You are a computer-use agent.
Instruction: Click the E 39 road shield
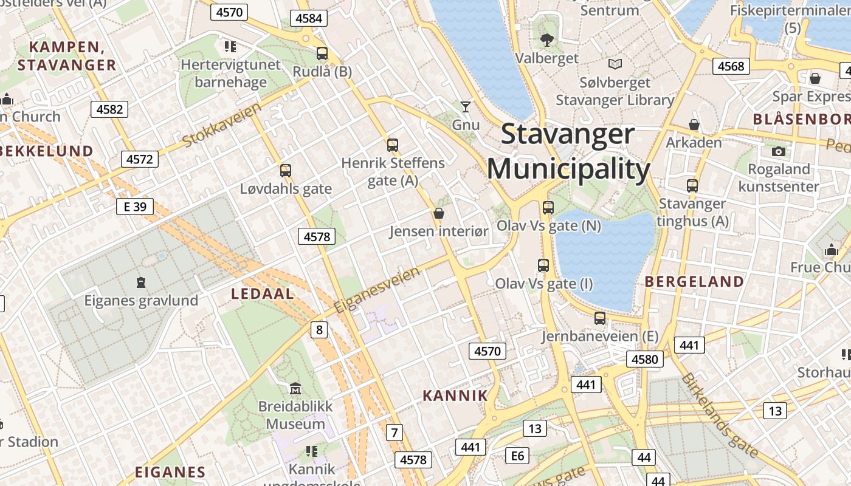click(135, 207)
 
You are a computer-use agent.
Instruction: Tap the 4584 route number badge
click(308, 18)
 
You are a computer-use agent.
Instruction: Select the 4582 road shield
click(109, 109)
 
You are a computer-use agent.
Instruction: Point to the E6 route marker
click(517, 455)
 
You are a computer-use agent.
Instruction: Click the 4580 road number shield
click(644, 359)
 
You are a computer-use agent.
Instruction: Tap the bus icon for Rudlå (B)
click(322, 53)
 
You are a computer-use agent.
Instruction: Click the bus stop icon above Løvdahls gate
click(286, 171)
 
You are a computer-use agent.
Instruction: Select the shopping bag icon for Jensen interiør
click(438, 213)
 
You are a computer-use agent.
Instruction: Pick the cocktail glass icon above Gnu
click(466, 107)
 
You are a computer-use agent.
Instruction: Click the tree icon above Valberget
click(546, 40)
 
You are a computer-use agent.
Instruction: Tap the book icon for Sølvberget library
click(615, 64)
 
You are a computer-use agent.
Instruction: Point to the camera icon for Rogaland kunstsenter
click(779, 151)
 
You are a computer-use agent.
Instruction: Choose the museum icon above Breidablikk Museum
click(295, 388)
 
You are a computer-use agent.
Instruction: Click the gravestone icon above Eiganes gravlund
click(141, 282)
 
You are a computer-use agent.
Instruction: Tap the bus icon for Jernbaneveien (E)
click(600, 318)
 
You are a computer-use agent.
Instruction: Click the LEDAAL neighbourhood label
click(263, 294)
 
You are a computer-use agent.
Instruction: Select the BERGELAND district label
click(694, 281)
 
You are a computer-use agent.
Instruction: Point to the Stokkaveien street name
click(222, 125)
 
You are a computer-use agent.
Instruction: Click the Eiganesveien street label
click(377, 289)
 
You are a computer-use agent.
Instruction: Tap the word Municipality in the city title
click(569, 169)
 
